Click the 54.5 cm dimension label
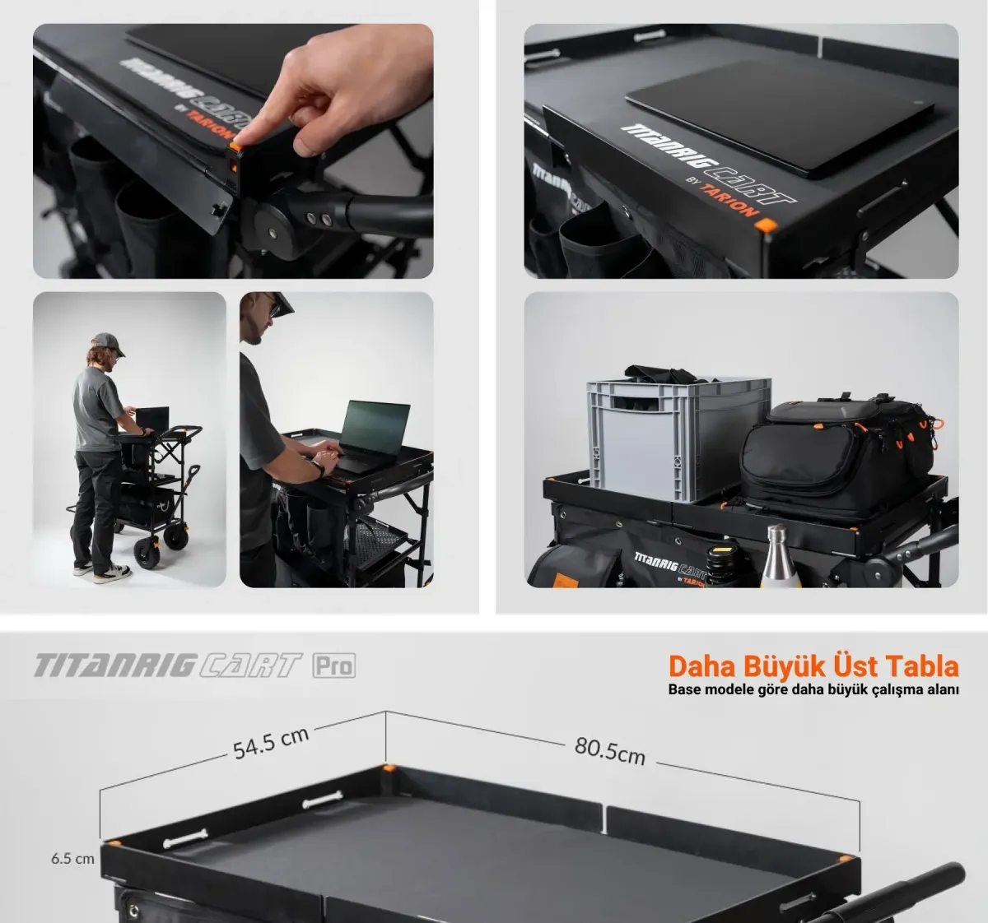point(271,743)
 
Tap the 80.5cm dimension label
point(610,750)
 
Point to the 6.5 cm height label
point(72,858)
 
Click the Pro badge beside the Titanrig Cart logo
point(333,666)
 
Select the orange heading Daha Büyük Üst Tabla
point(813,666)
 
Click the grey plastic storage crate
point(678,438)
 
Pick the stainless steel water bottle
point(780,556)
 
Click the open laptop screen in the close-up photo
point(375,428)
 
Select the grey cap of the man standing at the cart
point(108,343)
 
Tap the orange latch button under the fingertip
point(235,146)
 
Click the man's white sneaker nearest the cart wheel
point(114,573)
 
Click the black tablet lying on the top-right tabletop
point(780,118)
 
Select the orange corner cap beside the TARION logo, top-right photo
point(766,225)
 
